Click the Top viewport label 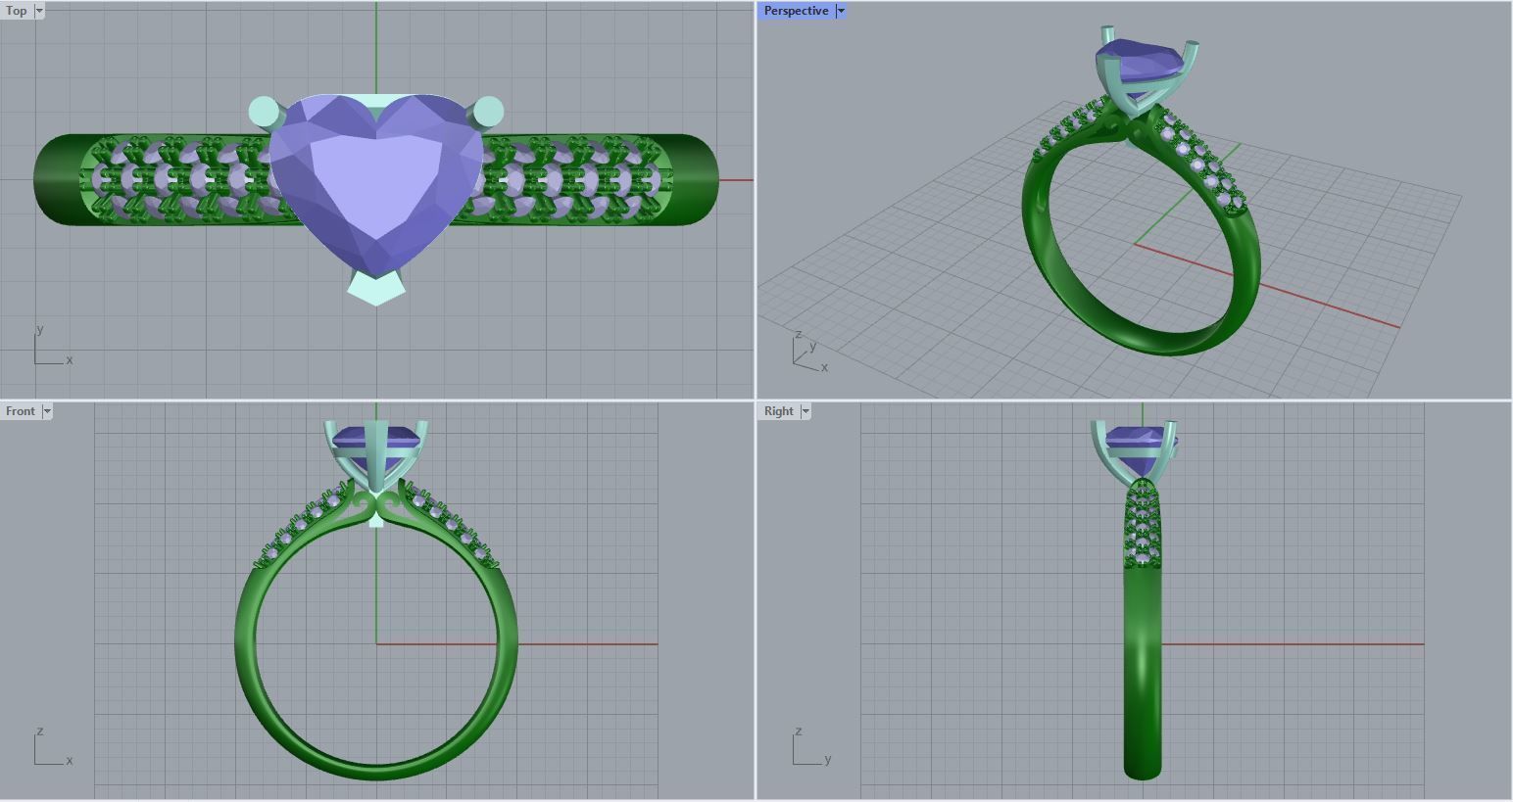(x=17, y=11)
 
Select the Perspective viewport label (x=795, y=11)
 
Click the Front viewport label (x=20, y=411)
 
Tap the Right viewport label (x=778, y=411)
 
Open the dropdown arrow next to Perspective (x=841, y=11)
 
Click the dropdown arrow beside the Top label (x=39, y=11)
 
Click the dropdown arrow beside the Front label (x=46, y=411)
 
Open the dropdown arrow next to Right (x=805, y=411)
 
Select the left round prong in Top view (x=262, y=111)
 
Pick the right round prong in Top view (x=489, y=112)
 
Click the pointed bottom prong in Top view (x=376, y=289)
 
